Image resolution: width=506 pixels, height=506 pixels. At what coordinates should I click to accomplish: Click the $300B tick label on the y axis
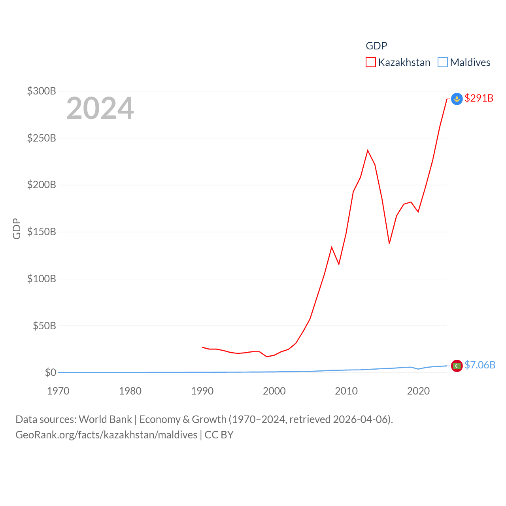point(42,91)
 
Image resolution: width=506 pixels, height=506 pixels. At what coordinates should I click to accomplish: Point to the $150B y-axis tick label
point(42,232)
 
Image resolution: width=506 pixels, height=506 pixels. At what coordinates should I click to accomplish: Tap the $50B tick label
point(44,326)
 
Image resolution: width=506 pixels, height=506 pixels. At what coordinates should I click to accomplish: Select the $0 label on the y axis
point(50,372)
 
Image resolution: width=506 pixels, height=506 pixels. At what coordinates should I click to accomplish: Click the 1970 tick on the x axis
point(58,391)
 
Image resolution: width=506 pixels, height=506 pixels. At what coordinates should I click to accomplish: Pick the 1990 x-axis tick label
point(202,391)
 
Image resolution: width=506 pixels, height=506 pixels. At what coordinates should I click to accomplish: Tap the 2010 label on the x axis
point(346,391)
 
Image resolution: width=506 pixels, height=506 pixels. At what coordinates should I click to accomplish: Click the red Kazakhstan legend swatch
point(370,62)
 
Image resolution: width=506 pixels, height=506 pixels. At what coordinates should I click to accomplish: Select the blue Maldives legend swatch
point(443,62)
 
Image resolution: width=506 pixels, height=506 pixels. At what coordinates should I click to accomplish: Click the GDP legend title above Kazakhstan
point(376,46)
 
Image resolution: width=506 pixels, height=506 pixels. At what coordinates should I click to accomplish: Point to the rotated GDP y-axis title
point(17,228)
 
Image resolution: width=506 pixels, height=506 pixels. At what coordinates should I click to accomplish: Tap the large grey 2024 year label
point(100,108)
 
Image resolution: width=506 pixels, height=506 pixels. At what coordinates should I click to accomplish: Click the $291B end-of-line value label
point(479,98)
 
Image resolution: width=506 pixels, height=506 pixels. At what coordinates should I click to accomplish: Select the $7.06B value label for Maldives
point(480,365)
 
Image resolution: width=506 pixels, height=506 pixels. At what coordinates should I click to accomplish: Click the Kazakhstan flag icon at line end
point(457,98)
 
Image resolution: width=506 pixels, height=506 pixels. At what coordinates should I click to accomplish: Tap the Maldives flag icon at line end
point(457,366)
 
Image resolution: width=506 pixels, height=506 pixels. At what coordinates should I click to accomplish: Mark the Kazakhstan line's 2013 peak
point(368,150)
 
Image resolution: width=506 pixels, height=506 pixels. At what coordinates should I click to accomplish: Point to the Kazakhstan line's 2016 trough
point(389,243)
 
